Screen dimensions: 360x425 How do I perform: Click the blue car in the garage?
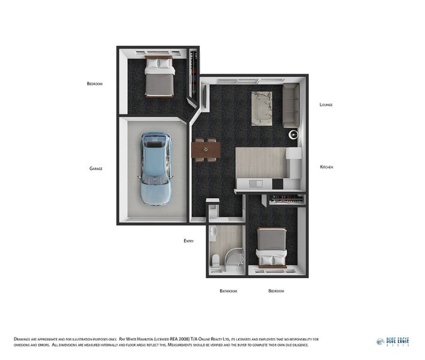coord(156,169)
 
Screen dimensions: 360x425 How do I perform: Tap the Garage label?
coord(96,169)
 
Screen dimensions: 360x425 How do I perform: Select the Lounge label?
coord(326,104)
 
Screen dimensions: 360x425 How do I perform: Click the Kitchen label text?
coord(327,167)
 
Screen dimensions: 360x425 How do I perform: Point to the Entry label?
coord(189,241)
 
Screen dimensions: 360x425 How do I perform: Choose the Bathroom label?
coord(228,291)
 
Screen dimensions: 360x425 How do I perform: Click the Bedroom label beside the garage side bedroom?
coord(95,84)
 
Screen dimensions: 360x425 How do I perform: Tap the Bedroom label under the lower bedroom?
coord(276,291)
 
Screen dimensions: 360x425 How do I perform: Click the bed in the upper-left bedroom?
coord(159,76)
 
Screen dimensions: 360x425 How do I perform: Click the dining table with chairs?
coord(206,149)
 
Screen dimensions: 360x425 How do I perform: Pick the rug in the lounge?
coord(262,108)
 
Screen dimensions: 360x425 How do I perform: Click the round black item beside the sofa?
coord(294,135)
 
